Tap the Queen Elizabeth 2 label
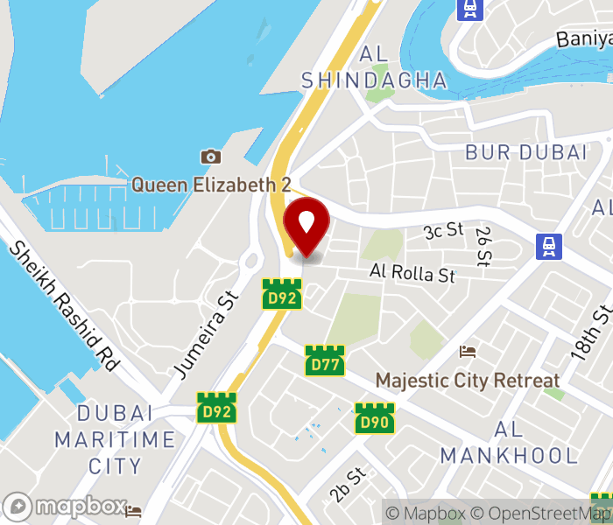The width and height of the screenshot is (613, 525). tap(211, 185)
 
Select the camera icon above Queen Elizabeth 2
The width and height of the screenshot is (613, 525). tap(210, 157)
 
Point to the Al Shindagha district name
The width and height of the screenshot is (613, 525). tap(374, 67)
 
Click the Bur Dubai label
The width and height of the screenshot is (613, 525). tap(525, 152)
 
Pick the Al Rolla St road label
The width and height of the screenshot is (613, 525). tap(412, 273)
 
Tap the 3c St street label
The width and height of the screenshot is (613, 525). tap(443, 230)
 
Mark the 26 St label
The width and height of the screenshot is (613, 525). tap(483, 245)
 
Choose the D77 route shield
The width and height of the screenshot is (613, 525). tap(324, 360)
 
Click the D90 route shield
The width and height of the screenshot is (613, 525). tap(374, 417)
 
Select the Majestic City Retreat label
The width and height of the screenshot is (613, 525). tap(467, 381)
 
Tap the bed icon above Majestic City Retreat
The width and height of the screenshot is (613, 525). tap(469, 351)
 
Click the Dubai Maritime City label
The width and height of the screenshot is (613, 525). tap(115, 439)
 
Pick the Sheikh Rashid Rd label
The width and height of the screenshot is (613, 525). tap(64, 305)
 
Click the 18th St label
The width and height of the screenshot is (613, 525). tap(591, 332)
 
